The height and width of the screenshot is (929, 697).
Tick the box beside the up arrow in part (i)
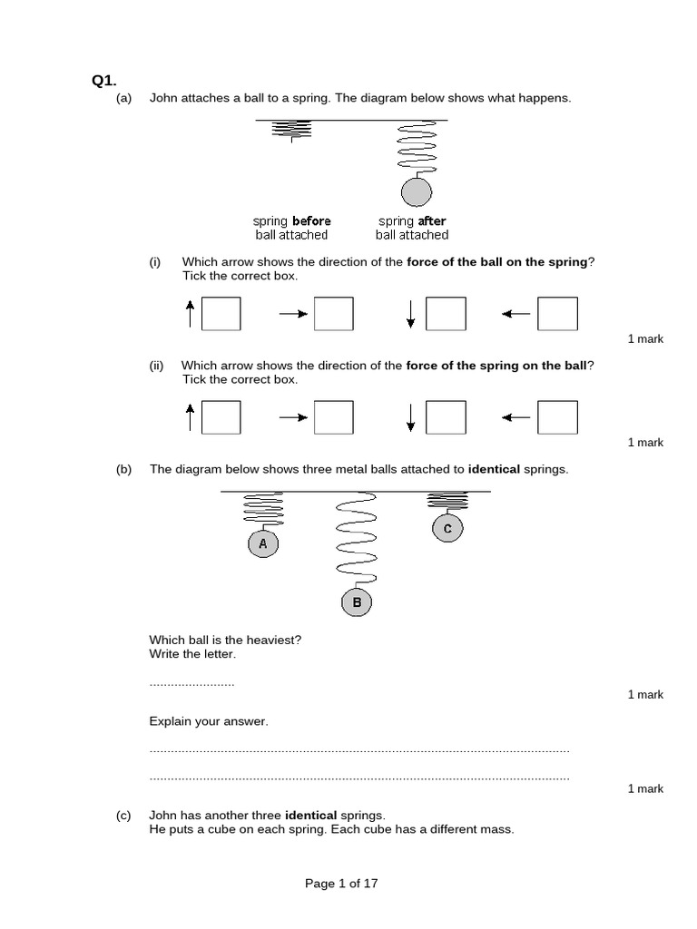tap(221, 314)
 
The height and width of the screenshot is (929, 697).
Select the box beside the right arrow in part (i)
tap(332, 314)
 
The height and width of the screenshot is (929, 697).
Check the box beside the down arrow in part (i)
tap(446, 314)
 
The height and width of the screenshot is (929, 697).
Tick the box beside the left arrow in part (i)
tap(557, 314)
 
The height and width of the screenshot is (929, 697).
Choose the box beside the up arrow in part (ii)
tap(221, 417)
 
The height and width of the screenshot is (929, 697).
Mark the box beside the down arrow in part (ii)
tap(446, 417)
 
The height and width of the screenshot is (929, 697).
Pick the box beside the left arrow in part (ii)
tap(557, 417)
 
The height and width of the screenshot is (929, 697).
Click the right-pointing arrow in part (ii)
tap(293, 418)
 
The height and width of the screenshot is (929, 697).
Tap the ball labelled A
tap(263, 543)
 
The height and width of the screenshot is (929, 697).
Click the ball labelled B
tap(357, 601)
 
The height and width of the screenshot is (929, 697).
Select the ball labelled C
tap(447, 528)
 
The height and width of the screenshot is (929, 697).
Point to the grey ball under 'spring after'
tap(417, 192)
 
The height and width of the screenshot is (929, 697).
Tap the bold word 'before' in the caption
tap(311, 220)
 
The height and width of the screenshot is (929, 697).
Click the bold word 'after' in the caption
tap(431, 220)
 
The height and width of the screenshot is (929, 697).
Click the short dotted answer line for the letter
tap(191, 683)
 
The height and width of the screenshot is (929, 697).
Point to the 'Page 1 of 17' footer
tap(341, 883)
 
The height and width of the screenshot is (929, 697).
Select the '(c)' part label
tap(124, 816)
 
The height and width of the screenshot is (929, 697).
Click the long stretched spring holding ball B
tap(357, 539)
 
